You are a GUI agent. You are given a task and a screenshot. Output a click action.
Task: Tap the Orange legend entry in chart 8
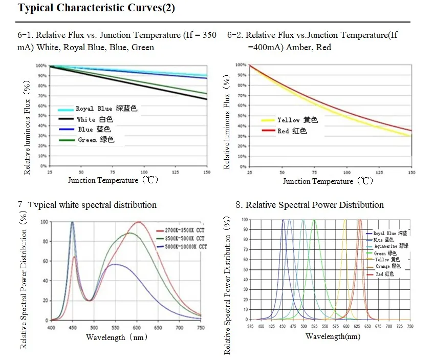tap(389, 266)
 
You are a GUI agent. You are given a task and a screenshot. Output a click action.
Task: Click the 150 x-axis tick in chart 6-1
tap(207, 173)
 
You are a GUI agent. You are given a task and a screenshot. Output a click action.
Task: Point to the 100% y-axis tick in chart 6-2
tap(241, 65)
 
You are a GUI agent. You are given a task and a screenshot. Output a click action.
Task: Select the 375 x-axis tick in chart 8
tap(250, 326)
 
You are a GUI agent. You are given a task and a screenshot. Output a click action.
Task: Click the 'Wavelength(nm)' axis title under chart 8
tap(333, 336)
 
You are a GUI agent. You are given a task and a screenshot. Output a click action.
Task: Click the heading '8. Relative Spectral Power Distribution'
tap(310, 205)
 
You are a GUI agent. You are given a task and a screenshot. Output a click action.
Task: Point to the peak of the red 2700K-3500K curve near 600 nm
tap(138, 222)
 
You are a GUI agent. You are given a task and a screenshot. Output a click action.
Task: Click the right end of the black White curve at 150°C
tap(207, 99)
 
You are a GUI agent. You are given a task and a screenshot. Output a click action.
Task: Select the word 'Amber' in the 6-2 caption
tap(299, 47)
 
